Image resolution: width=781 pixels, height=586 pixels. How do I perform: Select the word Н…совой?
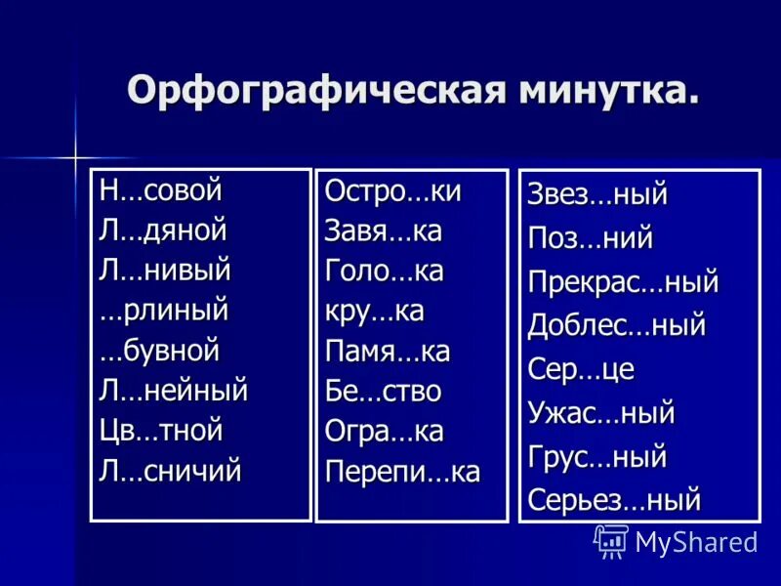pyautogui.click(x=161, y=190)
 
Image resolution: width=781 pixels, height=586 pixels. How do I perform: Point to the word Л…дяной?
pyautogui.click(x=163, y=230)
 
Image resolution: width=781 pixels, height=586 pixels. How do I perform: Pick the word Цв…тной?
pyautogui.click(x=161, y=431)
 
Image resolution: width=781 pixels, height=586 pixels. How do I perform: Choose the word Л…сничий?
pyautogui.click(x=170, y=471)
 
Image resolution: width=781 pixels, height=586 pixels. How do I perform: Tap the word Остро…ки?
pyautogui.click(x=392, y=191)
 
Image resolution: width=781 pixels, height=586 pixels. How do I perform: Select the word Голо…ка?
pyautogui.click(x=384, y=272)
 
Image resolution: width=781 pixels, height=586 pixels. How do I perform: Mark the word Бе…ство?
pyautogui.click(x=383, y=392)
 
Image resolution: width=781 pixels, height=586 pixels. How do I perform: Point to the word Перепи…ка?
pyautogui.click(x=402, y=472)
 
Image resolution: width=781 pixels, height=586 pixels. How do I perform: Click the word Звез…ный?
pyautogui.click(x=597, y=194)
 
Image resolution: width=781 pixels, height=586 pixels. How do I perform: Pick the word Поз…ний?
pyautogui.click(x=590, y=237)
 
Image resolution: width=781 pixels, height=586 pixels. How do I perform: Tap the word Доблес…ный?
pyautogui.click(x=616, y=325)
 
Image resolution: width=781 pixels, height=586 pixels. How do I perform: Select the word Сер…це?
pyautogui.click(x=581, y=369)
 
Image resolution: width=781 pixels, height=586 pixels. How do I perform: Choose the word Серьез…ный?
pyautogui.click(x=614, y=500)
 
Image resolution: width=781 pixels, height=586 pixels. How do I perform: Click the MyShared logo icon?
pyautogui.click(x=611, y=540)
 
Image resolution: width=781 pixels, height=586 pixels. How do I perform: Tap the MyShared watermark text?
pyautogui.click(x=696, y=542)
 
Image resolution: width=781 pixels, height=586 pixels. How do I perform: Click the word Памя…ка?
pyautogui.click(x=388, y=352)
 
